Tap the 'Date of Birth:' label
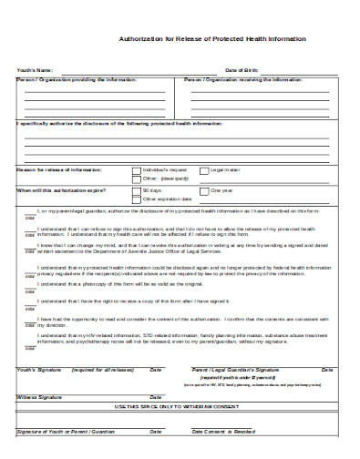click(242, 70)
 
